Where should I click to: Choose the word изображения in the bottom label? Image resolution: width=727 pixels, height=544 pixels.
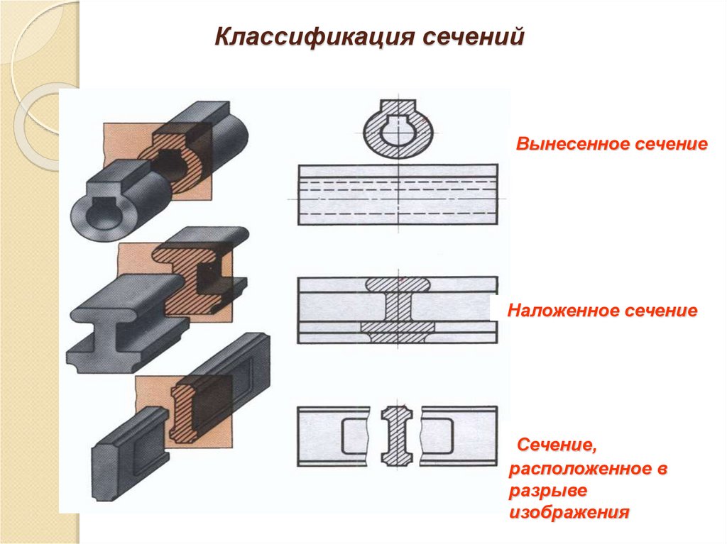point(569,512)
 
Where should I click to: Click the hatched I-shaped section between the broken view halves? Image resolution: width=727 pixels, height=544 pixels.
point(395,435)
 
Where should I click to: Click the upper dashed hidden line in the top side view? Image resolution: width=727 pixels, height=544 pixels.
point(398,182)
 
